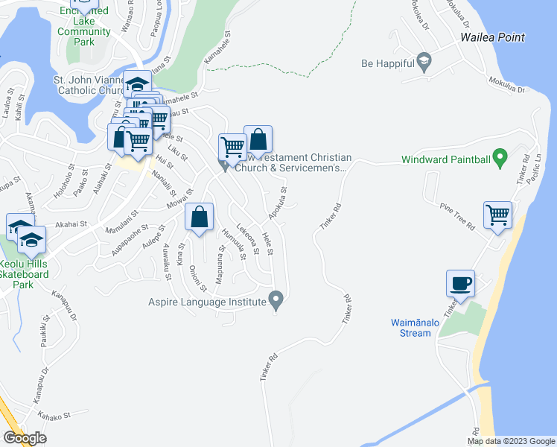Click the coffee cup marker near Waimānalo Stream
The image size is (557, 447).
[459, 284]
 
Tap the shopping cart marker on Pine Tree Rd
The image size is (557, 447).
[497, 216]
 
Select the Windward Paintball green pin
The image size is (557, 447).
[500, 158]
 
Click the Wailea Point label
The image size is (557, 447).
[492, 37]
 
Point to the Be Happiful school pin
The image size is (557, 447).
[424, 63]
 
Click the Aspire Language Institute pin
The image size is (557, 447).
[277, 302]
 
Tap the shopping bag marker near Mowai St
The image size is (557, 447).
[199, 218]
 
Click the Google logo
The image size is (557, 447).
[25, 438]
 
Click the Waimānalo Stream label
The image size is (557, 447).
[411, 328]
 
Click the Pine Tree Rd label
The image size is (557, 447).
[456, 216]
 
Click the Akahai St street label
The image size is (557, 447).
[71, 223]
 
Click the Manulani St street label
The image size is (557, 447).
[122, 223]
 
